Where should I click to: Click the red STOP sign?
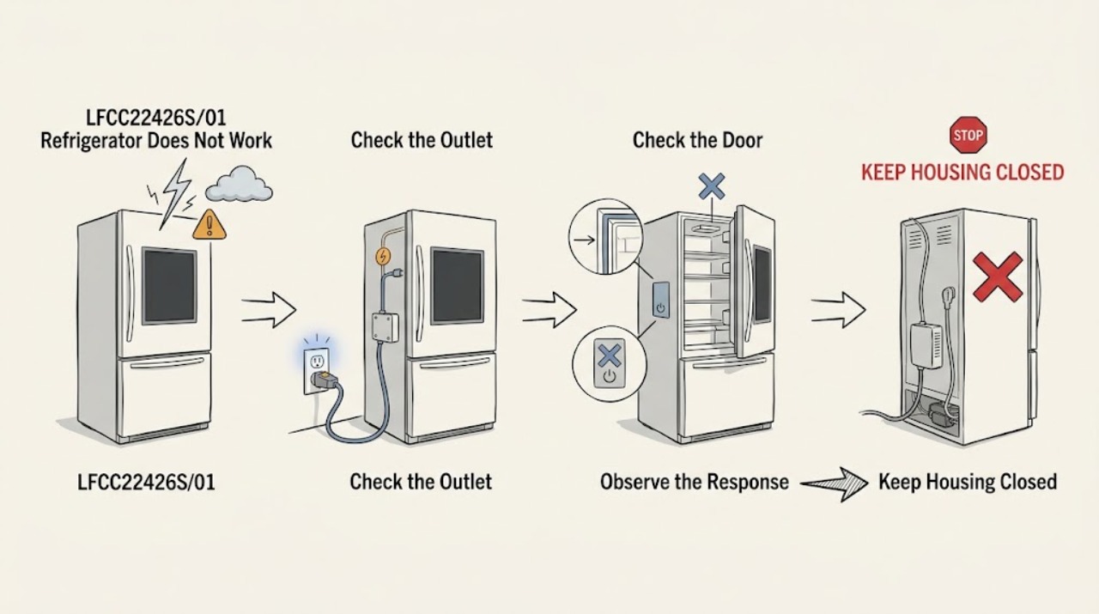point(968,135)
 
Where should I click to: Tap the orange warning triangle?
point(209,225)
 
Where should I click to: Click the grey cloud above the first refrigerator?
point(239,184)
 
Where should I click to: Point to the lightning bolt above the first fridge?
point(175,193)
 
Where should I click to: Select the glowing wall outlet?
point(317,369)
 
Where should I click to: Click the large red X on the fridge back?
point(998,277)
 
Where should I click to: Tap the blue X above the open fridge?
point(712,186)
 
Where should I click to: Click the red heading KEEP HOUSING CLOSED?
point(962,173)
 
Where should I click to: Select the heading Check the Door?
point(697,140)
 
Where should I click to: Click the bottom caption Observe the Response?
point(695,482)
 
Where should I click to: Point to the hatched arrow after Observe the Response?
point(834,484)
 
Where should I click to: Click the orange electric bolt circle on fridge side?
point(383,256)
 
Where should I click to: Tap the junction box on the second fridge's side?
point(385,327)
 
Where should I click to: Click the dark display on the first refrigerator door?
point(169,287)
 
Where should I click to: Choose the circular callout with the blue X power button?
point(610,364)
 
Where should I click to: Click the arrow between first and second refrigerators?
point(269,310)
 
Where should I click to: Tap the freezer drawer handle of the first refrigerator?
point(167,364)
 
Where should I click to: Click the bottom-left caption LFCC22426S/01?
point(146,482)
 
